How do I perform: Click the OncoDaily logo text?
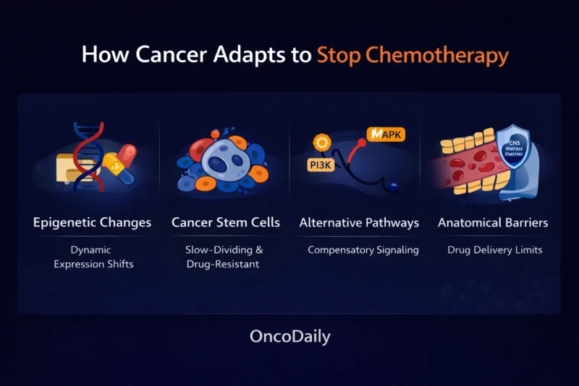(x=289, y=337)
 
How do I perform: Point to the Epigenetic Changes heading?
(x=92, y=222)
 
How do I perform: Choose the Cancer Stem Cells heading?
(x=226, y=222)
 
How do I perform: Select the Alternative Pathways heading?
(x=359, y=222)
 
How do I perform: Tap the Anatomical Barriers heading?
(x=493, y=222)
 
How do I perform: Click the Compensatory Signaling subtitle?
(x=363, y=250)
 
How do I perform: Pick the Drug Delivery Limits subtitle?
(x=495, y=250)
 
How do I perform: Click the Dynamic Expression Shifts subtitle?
(x=92, y=256)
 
